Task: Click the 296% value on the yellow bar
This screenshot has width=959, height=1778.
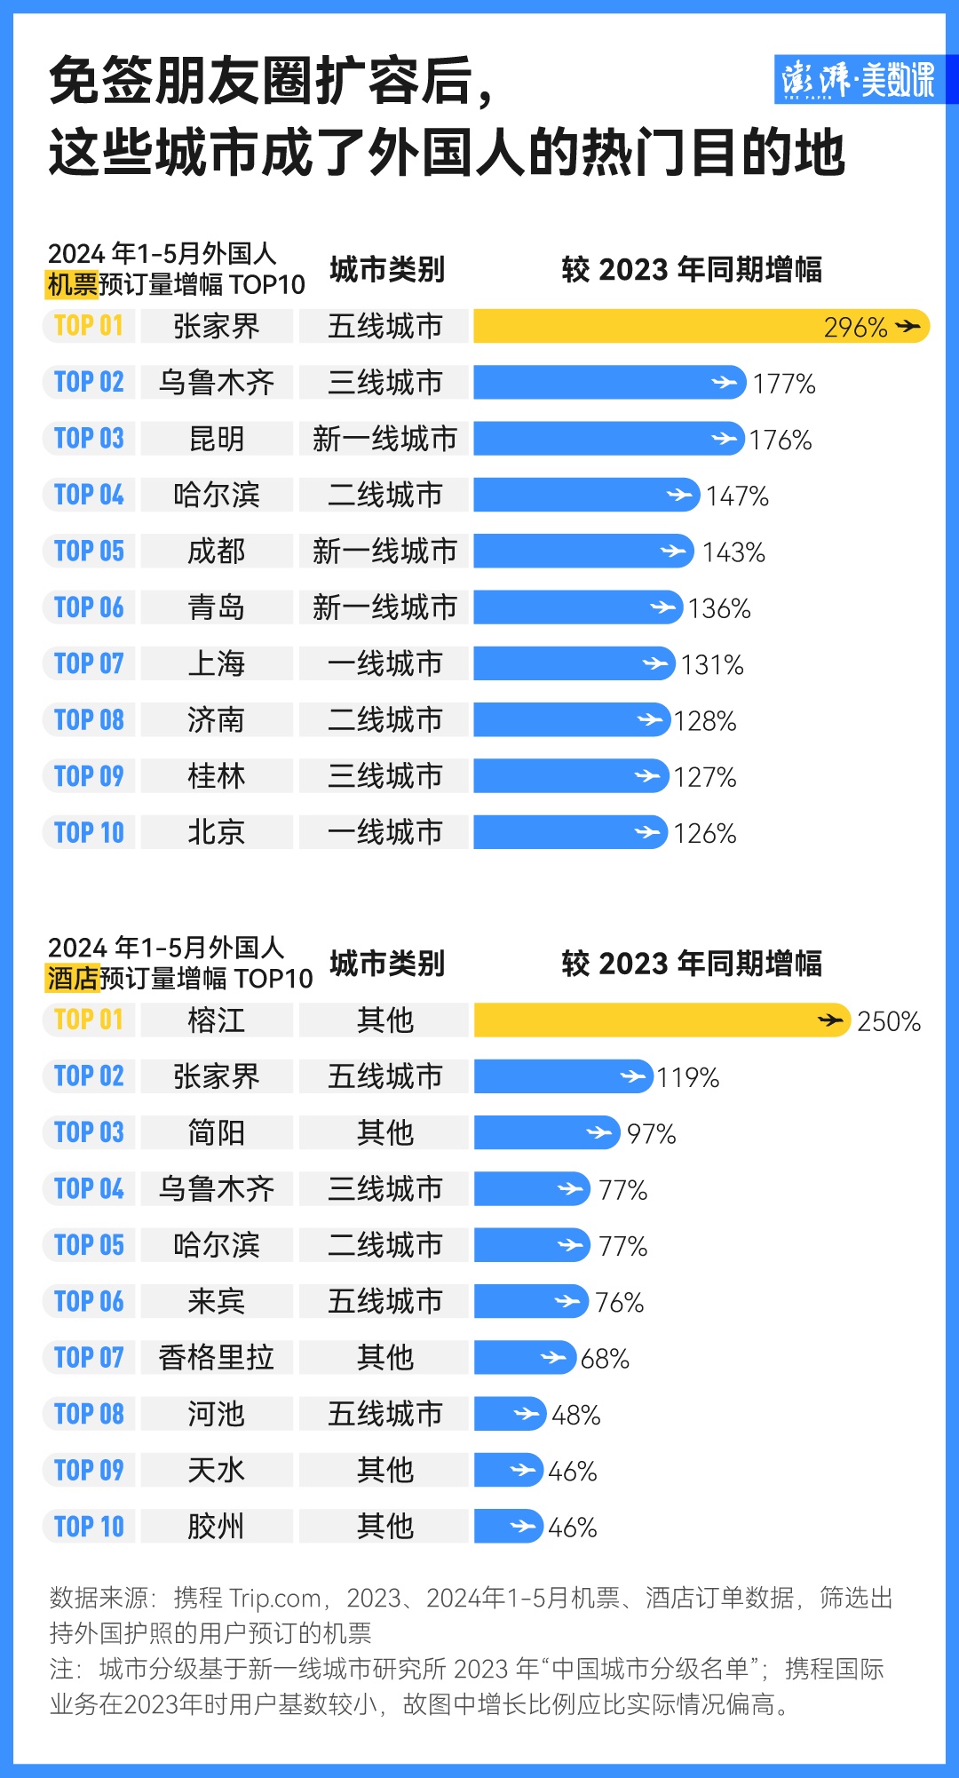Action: pyautogui.click(x=855, y=327)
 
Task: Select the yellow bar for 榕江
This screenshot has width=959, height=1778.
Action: pyautogui.click(x=662, y=1020)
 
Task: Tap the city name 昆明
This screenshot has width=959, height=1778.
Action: pyautogui.click(x=217, y=439)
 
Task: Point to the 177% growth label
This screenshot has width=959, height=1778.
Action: pyautogui.click(x=784, y=384)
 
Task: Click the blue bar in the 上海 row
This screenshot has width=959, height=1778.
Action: pyautogui.click(x=573, y=663)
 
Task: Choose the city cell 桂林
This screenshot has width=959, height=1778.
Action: pyautogui.click(x=217, y=776)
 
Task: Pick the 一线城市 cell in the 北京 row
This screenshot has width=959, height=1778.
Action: pyautogui.click(x=384, y=832)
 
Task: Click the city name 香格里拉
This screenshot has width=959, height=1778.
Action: pyautogui.click(x=217, y=1357)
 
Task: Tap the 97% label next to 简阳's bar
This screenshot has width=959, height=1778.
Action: pyautogui.click(x=651, y=1133)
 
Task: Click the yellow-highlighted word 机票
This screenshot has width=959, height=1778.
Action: pyautogui.click(x=72, y=284)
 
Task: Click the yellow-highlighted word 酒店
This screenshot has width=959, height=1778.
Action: pyautogui.click(x=73, y=978)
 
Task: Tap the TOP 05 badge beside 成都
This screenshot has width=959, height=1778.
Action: pyautogui.click(x=89, y=552)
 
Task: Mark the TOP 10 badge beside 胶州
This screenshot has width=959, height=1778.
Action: pyautogui.click(x=89, y=1527)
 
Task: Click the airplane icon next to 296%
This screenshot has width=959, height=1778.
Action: pyautogui.click(x=907, y=327)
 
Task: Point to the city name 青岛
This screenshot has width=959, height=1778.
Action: pyautogui.click(x=217, y=607)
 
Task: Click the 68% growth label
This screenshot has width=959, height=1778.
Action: pyautogui.click(x=605, y=1358)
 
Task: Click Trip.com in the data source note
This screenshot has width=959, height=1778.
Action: pyautogui.click(x=274, y=1598)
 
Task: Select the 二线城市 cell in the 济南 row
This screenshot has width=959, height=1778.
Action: pyautogui.click(x=384, y=720)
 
